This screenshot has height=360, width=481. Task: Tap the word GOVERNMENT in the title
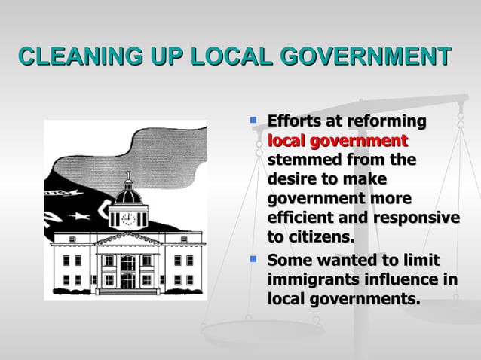tap(366, 56)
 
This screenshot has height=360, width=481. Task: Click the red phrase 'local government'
tap(337, 141)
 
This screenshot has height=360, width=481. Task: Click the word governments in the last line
tap(366, 299)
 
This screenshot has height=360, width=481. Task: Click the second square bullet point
tap(254, 259)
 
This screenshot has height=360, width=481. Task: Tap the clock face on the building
tap(127, 219)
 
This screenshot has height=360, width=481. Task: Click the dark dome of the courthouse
tap(127, 196)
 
